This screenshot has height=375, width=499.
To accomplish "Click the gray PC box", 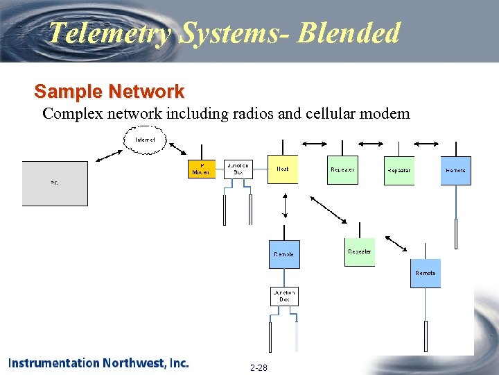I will point(55,183).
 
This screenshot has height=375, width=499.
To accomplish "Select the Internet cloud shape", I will point(146,140).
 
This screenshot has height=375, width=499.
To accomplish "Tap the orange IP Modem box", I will point(202,169).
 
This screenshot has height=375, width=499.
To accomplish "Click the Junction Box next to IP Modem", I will point(238,169).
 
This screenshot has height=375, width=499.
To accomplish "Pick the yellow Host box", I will point(283,169).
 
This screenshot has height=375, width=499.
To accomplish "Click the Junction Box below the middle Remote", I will point(284,296).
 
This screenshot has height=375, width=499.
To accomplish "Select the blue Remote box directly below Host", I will point(283,254).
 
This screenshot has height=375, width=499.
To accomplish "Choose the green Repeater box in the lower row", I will point(359,252).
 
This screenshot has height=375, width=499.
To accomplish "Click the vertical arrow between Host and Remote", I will point(285,206).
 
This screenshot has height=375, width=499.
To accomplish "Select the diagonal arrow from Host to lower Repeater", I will point(327,209).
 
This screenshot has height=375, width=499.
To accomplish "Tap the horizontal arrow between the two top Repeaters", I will point(369,144).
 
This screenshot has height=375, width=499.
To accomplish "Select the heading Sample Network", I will point(109,91).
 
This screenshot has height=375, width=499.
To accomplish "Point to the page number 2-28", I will point(259,367).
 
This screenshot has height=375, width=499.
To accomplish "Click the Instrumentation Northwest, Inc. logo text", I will point(98,362).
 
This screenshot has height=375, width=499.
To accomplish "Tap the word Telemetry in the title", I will point(110,33).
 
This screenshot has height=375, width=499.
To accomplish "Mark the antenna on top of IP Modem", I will point(202,153).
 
